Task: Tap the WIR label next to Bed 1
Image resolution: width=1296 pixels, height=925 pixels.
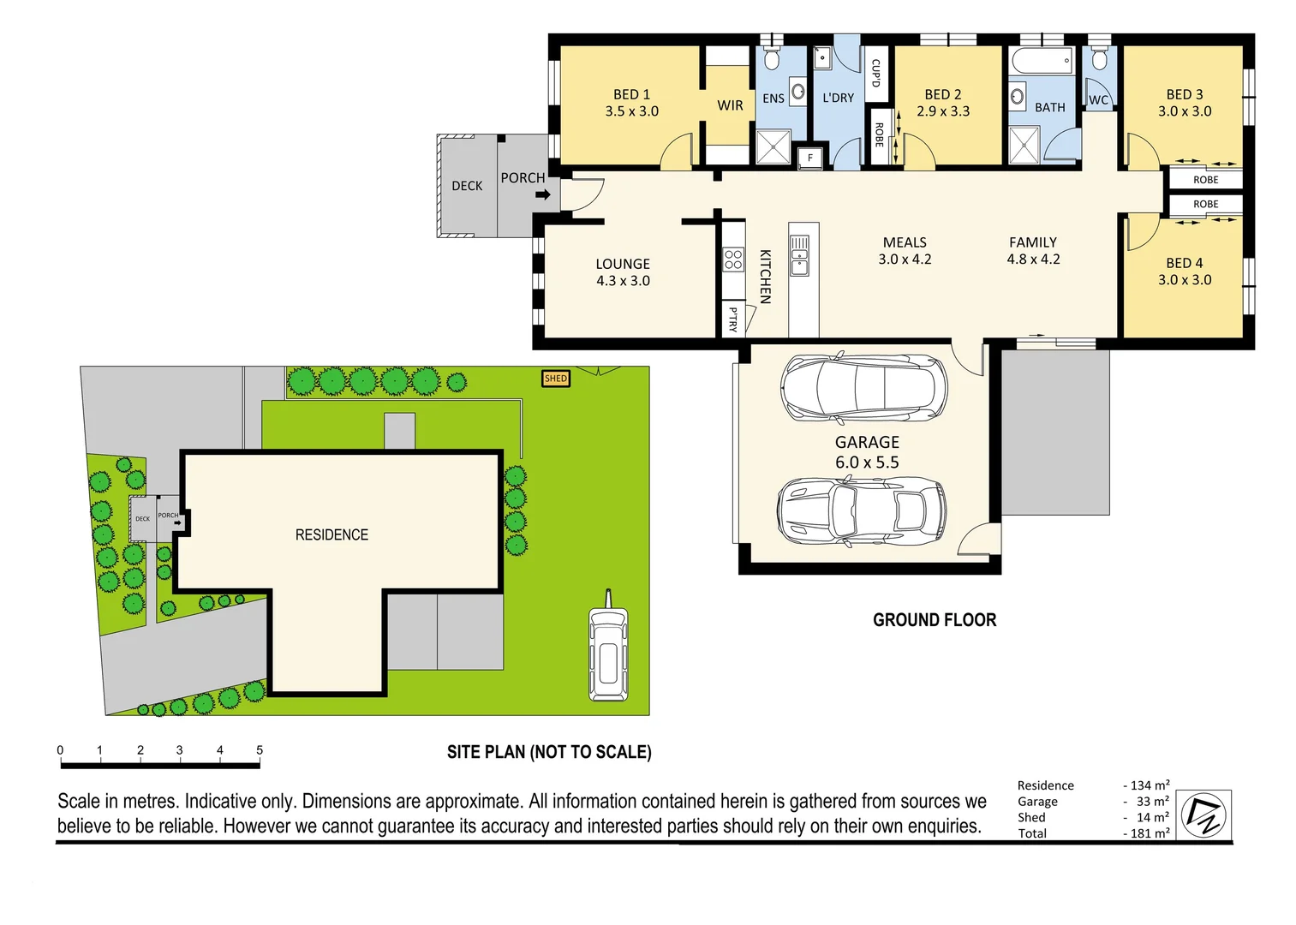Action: click(730, 105)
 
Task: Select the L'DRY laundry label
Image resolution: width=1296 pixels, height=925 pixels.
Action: click(838, 98)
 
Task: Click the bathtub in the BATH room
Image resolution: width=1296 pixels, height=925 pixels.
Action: click(1042, 62)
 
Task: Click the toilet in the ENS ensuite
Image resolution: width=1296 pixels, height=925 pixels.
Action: click(771, 59)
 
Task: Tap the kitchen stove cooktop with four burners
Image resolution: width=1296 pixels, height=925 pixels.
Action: click(733, 259)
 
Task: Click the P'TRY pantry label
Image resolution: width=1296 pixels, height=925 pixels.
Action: click(732, 319)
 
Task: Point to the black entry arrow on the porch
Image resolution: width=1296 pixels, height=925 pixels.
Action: click(543, 194)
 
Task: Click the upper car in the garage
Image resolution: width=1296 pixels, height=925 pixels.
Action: click(863, 387)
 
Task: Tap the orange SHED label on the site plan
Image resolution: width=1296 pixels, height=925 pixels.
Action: click(556, 378)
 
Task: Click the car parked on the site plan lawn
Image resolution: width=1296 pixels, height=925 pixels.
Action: click(608, 653)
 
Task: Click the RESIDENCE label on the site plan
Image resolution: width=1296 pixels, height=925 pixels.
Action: click(331, 534)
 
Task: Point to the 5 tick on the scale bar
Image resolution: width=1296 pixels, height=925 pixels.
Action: click(260, 751)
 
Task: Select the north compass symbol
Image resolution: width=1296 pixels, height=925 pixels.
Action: click(1203, 815)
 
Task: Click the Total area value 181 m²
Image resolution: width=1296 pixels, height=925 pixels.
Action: click(1149, 833)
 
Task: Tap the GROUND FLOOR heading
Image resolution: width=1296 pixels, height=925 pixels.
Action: click(935, 620)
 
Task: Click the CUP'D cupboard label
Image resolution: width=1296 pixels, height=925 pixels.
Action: click(875, 73)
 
